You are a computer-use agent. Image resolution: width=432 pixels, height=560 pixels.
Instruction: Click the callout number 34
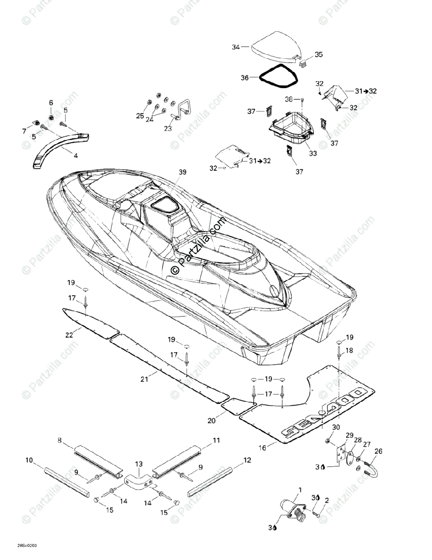pyautogui.click(x=236, y=47)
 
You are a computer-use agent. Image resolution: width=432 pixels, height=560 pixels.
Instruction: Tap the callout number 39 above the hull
pyautogui.click(x=182, y=172)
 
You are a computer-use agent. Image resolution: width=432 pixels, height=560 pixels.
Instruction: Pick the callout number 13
pyautogui.click(x=139, y=464)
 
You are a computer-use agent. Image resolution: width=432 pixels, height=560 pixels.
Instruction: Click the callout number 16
pyautogui.click(x=263, y=448)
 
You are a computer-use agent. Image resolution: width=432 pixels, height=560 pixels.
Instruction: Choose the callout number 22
pyautogui.click(x=70, y=335)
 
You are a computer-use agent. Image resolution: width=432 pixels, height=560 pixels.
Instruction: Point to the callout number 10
pyautogui.click(x=29, y=461)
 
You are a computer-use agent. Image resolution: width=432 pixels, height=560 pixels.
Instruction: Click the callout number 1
pyautogui.click(x=300, y=490)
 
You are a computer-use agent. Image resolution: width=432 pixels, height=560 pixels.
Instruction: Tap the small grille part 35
pyautogui.click(x=302, y=63)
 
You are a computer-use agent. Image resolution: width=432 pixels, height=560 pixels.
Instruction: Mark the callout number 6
pyautogui.click(x=51, y=103)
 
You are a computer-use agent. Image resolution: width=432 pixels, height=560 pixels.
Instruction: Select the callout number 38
pyautogui.click(x=289, y=99)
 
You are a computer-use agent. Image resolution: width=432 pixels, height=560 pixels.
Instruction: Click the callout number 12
pyautogui.click(x=247, y=461)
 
